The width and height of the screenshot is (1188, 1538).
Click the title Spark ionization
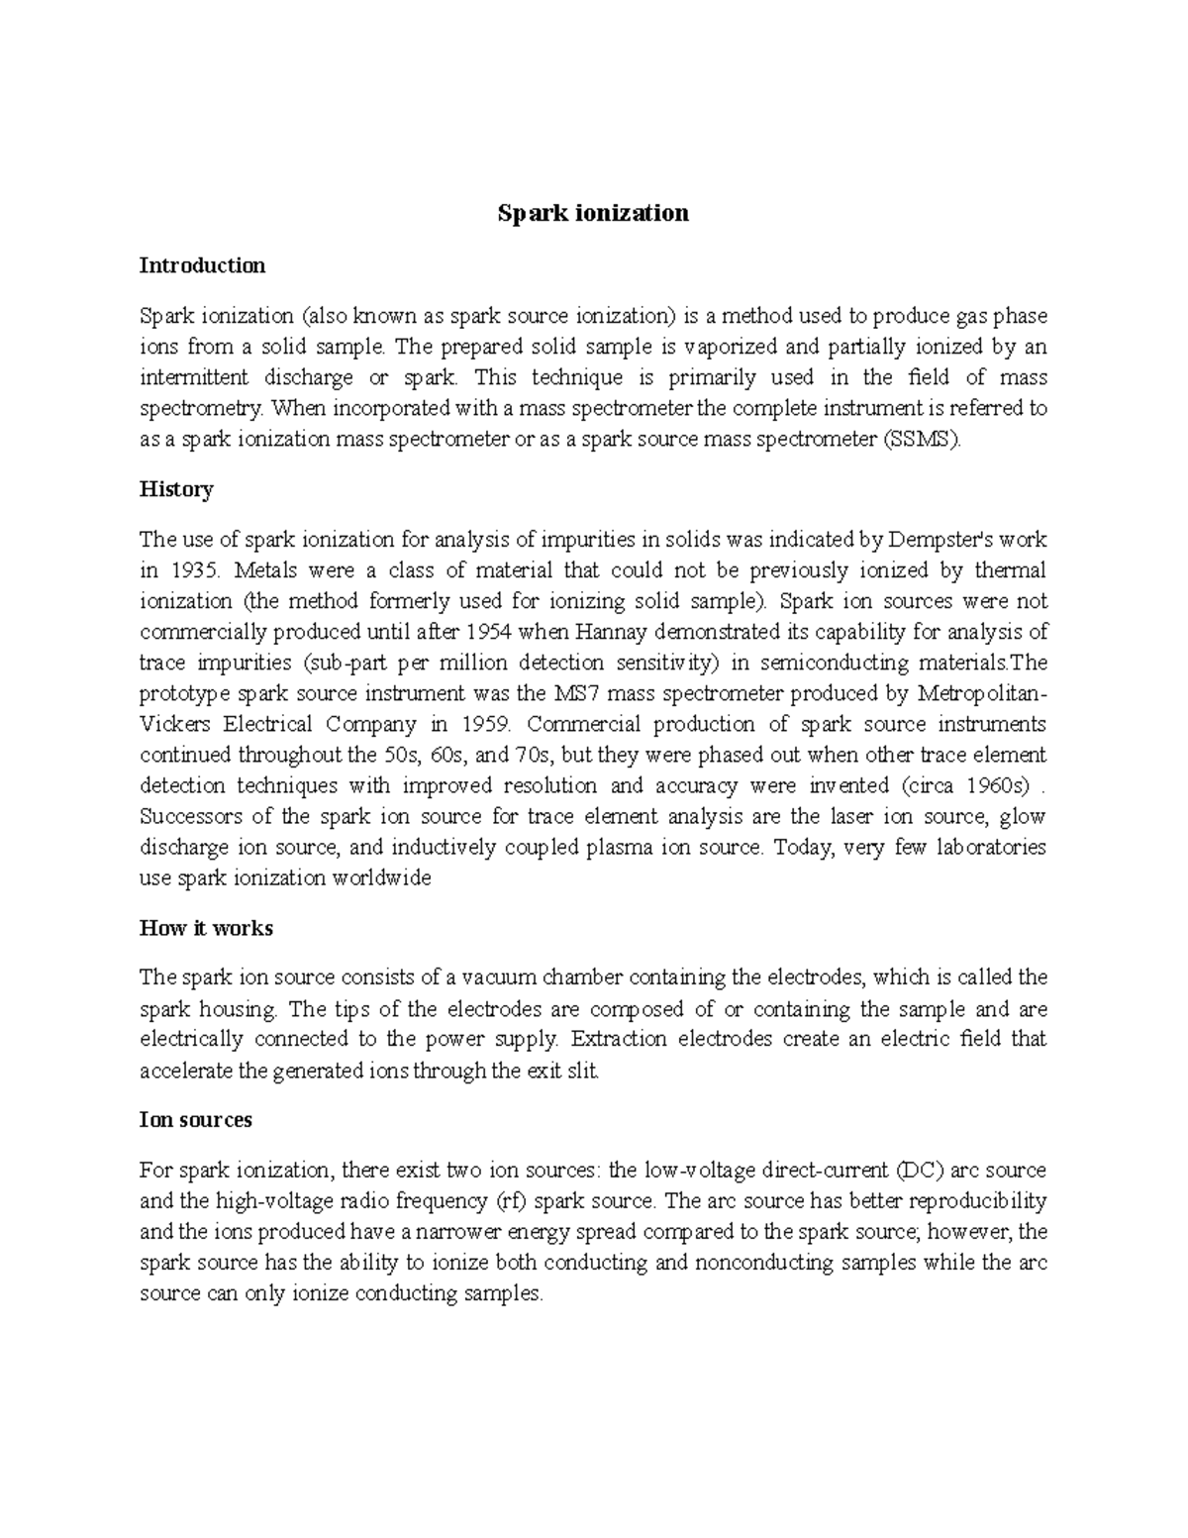[592, 213]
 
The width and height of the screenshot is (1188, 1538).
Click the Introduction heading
[202, 265]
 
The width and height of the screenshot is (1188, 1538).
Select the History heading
[176, 489]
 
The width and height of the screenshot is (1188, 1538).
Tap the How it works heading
[206, 929]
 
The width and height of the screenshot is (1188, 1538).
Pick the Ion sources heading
[196, 1120]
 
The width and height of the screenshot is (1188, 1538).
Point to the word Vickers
[174, 724]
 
